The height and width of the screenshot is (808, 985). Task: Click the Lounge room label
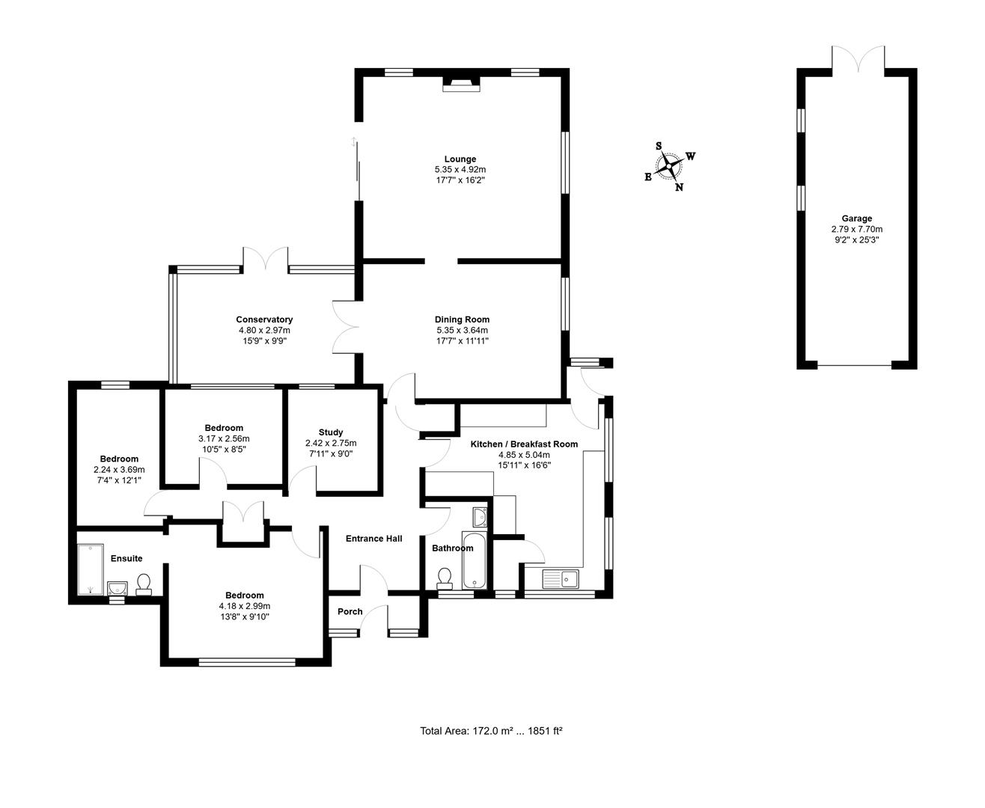click(x=460, y=159)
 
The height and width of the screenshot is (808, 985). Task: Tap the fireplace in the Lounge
click(x=460, y=84)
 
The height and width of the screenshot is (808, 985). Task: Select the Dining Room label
click(x=462, y=319)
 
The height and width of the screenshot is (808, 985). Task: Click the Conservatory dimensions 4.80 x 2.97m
click(x=264, y=330)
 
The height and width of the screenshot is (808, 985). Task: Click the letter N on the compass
click(x=679, y=187)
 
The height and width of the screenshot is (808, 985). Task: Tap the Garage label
click(x=856, y=218)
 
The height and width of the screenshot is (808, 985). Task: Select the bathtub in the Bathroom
click(x=475, y=560)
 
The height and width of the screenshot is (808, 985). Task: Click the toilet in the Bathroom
click(x=445, y=577)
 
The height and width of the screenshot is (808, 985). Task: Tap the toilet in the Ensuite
click(x=144, y=582)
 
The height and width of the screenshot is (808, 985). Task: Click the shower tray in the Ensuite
click(x=91, y=569)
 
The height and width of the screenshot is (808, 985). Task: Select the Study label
click(x=330, y=432)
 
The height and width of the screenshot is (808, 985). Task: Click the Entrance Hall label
click(x=373, y=539)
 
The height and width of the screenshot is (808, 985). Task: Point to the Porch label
click(x=350, y=611)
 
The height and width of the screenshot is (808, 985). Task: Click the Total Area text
click(x=491, y=731)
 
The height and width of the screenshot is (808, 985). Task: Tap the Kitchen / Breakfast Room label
click(x=524, y=444)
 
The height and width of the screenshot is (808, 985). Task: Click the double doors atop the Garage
click(x=858, y=58)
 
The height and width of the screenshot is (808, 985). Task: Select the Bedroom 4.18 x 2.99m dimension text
click(x=244, y=606)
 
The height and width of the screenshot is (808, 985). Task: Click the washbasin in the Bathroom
click(x=480, y=516)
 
